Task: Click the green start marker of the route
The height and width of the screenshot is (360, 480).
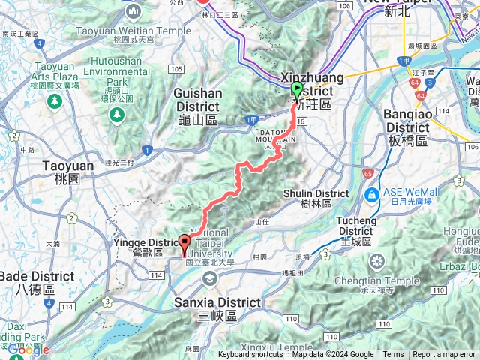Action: tap(296, 90)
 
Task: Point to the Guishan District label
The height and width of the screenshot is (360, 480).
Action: tap(198, 100)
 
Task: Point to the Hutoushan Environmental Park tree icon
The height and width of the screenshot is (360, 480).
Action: tap(116, 114)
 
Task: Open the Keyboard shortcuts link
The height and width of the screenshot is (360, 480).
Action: tap(250, 355)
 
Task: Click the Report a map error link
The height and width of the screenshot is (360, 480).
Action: tap(444, 355)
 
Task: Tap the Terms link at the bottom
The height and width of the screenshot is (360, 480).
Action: tap(393, 355)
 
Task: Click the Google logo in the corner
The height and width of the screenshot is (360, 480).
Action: tap(28, 349)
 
